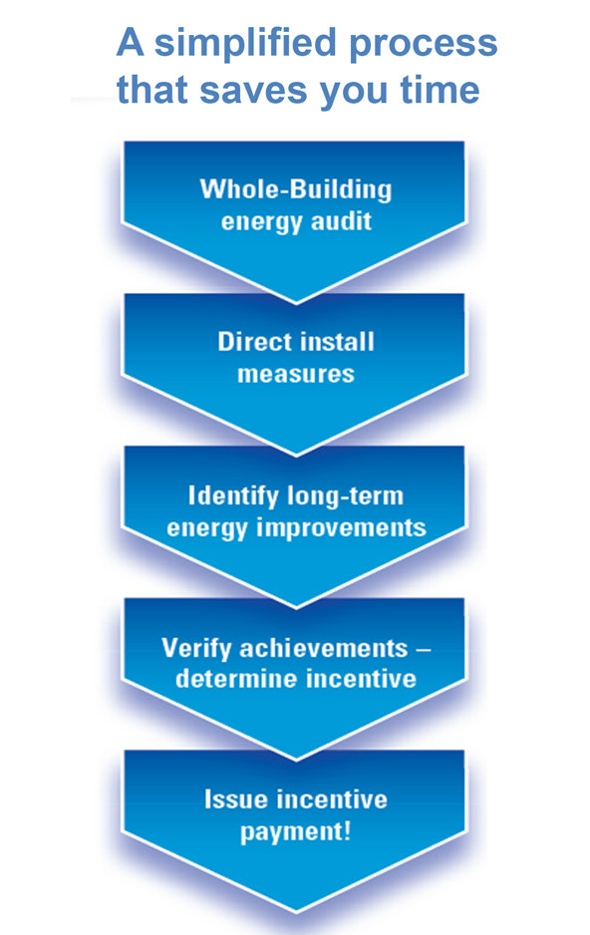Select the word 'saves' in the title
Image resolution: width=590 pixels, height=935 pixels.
(254, 91)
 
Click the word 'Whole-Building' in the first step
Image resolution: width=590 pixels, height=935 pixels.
(296, 189)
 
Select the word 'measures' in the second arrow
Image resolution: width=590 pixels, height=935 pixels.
(296, 375)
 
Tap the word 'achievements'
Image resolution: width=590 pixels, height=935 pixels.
(324, 648)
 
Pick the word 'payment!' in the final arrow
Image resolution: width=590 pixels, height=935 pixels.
(296, 832)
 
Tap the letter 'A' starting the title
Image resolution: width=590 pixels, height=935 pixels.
(130, 42)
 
